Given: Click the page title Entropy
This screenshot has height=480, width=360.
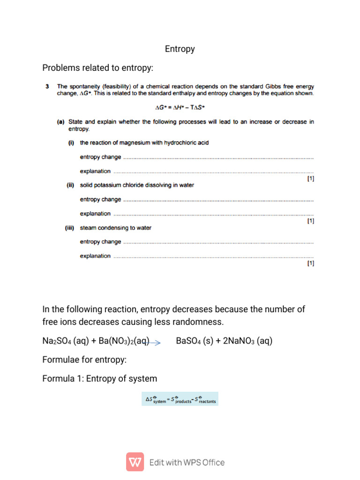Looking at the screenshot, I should pos(180,49).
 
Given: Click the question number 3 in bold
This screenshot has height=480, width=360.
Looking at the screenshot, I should pos(47,86).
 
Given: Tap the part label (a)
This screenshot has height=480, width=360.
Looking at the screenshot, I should pos(61,122).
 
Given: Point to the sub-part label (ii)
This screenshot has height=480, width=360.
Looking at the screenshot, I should pos(71,185).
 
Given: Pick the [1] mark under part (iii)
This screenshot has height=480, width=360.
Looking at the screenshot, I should pos(310,263).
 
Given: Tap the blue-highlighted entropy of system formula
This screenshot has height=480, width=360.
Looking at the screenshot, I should pos(180,399).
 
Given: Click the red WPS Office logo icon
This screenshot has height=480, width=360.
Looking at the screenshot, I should pos(135,462).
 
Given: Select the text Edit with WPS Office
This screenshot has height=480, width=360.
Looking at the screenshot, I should pos(187,462).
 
